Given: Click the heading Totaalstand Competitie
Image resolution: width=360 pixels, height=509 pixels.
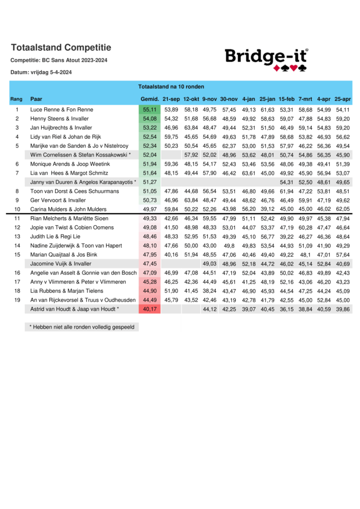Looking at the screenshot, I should [x=61, y=48].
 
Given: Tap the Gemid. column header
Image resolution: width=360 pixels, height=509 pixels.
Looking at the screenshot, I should [x=150, y=99].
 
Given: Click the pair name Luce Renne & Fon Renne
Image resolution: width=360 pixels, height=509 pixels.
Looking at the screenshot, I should [x=62, y=109].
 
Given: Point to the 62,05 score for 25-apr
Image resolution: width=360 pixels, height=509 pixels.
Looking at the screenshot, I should [x=343, y=209].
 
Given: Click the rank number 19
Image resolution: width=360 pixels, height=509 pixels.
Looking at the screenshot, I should [x=17, y=300].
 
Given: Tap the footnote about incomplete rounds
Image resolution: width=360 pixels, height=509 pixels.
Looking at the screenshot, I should [x=82, y=327].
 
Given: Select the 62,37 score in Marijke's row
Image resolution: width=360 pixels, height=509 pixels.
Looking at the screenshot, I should [x=229, y=146].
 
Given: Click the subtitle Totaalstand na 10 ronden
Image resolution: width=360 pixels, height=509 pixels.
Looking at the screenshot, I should [x=171, y=86].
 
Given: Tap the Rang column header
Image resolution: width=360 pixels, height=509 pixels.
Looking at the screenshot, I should [x=16, y=99].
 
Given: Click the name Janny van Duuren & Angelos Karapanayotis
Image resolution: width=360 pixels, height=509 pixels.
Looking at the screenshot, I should [x=83, y=182].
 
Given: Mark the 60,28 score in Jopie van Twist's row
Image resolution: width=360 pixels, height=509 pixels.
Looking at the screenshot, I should [x=305, y=228].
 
